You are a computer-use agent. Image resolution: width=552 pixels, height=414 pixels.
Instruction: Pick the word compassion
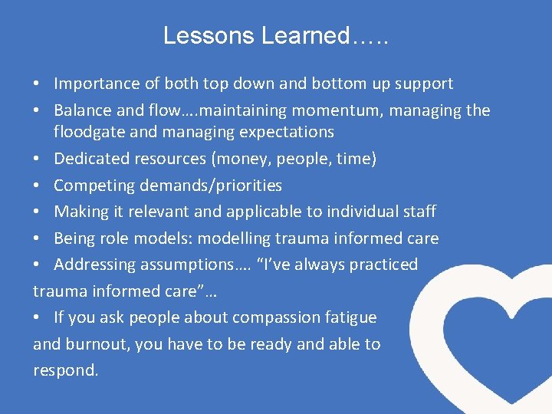point(278,317)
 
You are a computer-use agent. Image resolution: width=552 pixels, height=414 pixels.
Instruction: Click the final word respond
point(65,370)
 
